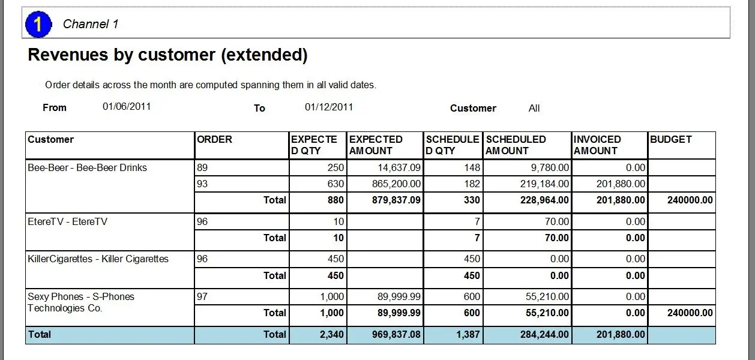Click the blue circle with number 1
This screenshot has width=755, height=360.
(x=38, y=24)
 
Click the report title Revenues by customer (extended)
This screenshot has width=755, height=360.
(x=167, y=55)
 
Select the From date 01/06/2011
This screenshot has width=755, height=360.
(x=127, y=107)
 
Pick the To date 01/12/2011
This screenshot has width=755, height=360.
(x=329, y=107)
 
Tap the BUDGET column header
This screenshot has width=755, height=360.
(x=670, y=139)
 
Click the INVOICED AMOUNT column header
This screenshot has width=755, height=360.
(x=597, y=145)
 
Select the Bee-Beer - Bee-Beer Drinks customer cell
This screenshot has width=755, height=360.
(x=87, y=168)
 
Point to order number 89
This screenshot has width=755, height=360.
(x=202, y=168)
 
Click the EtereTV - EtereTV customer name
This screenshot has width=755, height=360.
(x=67, y=222)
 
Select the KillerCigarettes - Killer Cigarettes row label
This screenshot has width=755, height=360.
(x=98, y=259)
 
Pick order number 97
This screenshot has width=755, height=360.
(x=202, y=297)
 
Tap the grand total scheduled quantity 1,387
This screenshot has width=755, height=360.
(x=468, y=335)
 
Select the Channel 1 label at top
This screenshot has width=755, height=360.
(x=91, y=24)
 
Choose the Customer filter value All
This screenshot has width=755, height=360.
(x=534, y=109)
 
